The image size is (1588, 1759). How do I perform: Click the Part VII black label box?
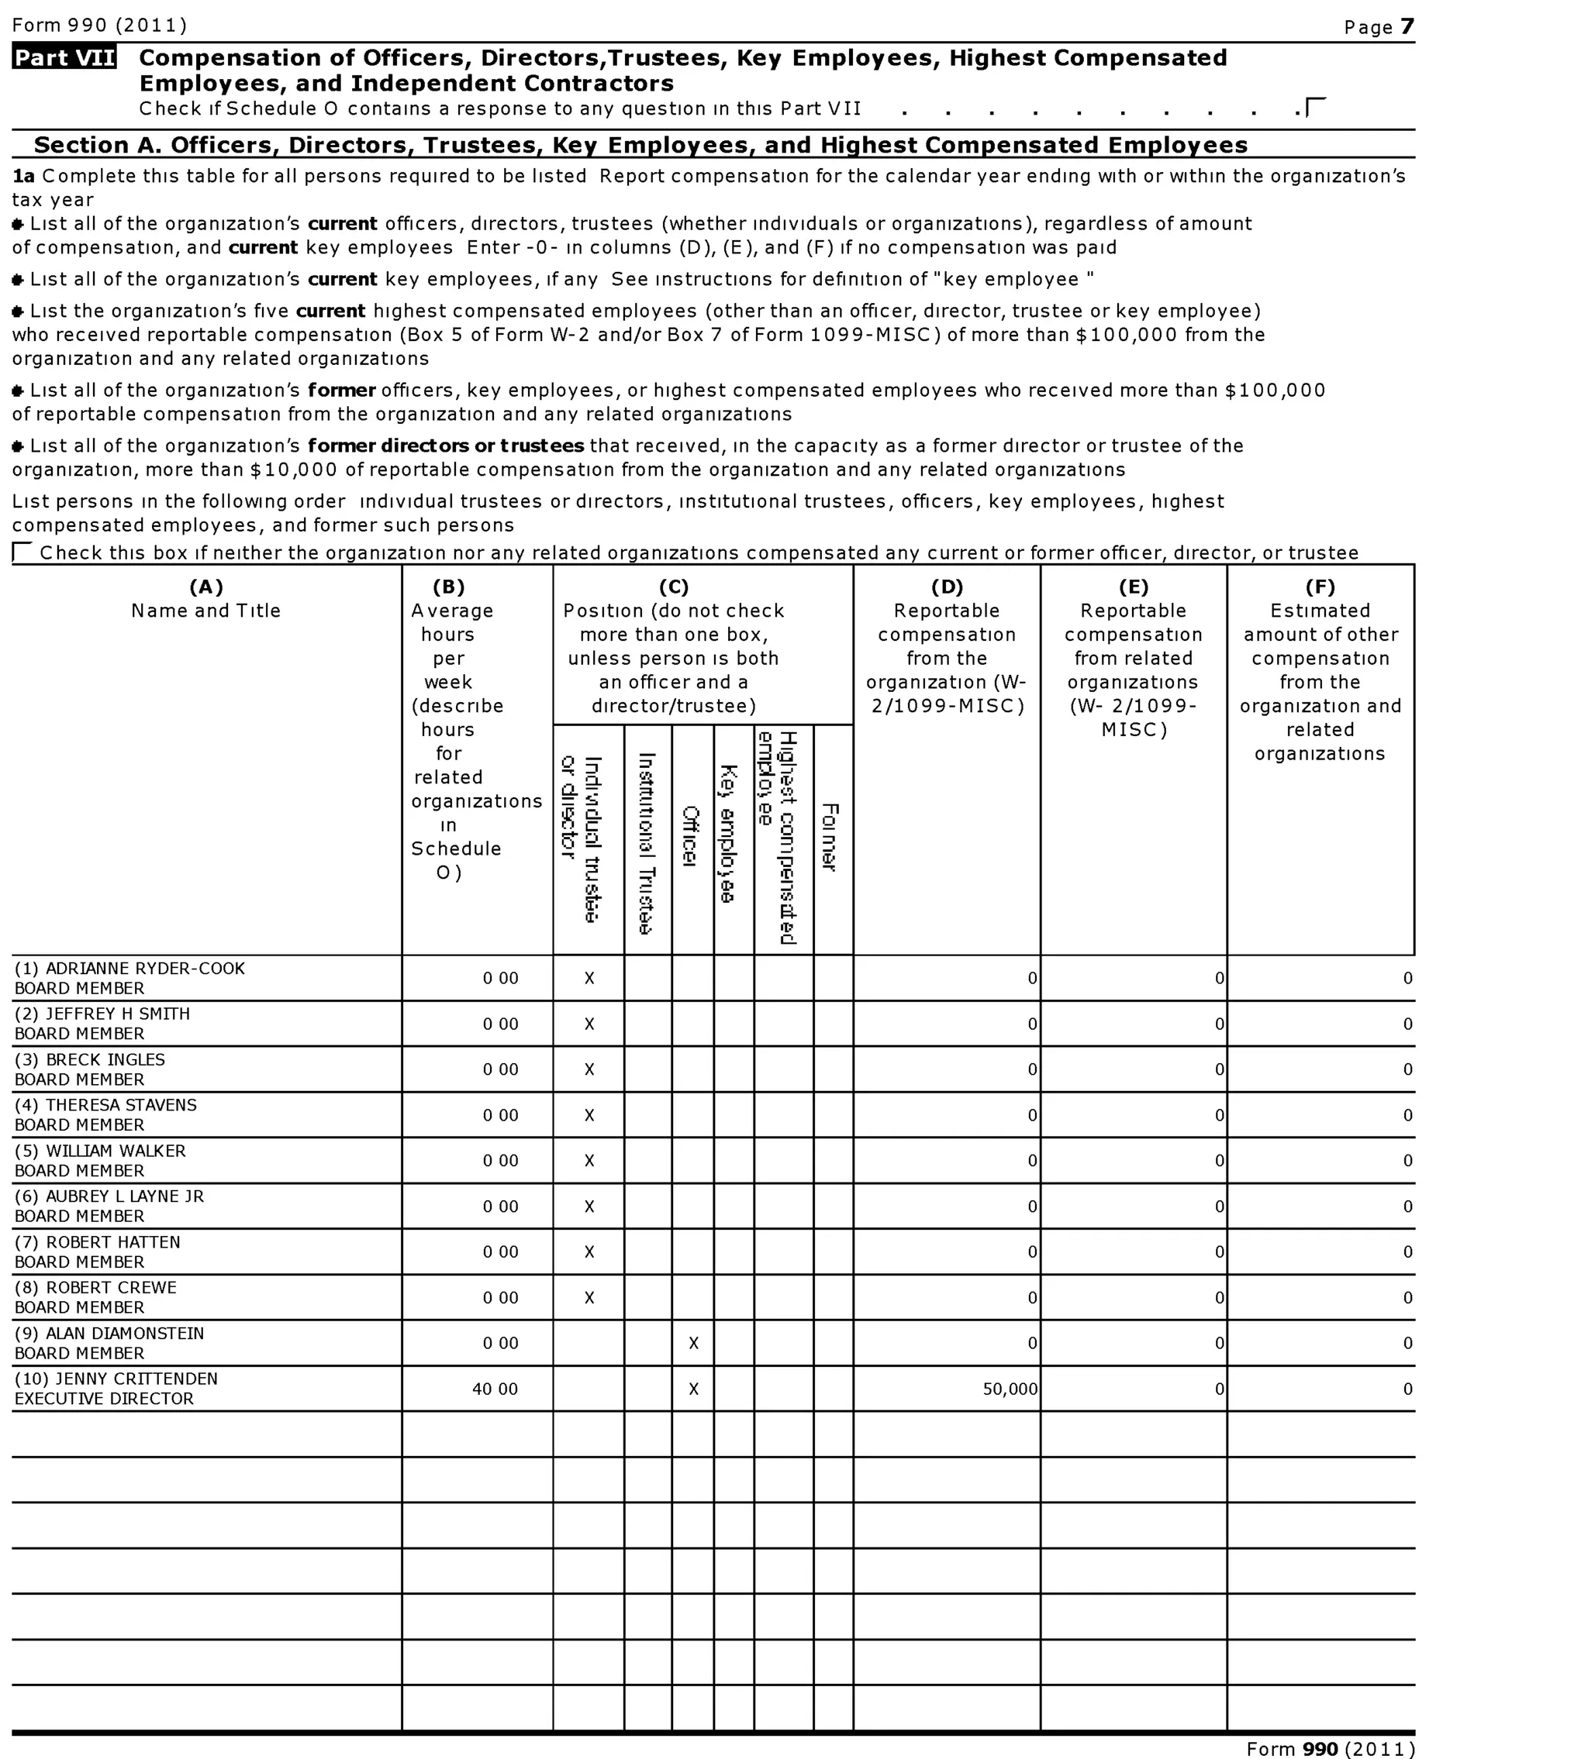[64, 57]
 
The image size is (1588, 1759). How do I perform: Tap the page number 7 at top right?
[1407, 27]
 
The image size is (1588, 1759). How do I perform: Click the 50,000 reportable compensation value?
[1010, 1389]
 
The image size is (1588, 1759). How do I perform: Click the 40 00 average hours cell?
[495, 1389]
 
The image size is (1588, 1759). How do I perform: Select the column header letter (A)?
[206, 587]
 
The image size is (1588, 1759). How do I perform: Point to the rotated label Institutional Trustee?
[647, 842]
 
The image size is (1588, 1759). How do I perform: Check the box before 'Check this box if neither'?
[22, 552]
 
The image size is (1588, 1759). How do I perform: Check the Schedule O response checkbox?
[1316, 107]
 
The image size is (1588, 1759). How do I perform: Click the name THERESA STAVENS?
[120, 1105]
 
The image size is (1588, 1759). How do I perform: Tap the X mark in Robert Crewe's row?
[589, 1298]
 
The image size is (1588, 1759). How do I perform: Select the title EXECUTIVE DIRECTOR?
[104, 1399]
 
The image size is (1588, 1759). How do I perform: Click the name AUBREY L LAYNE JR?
[124, 1196]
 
